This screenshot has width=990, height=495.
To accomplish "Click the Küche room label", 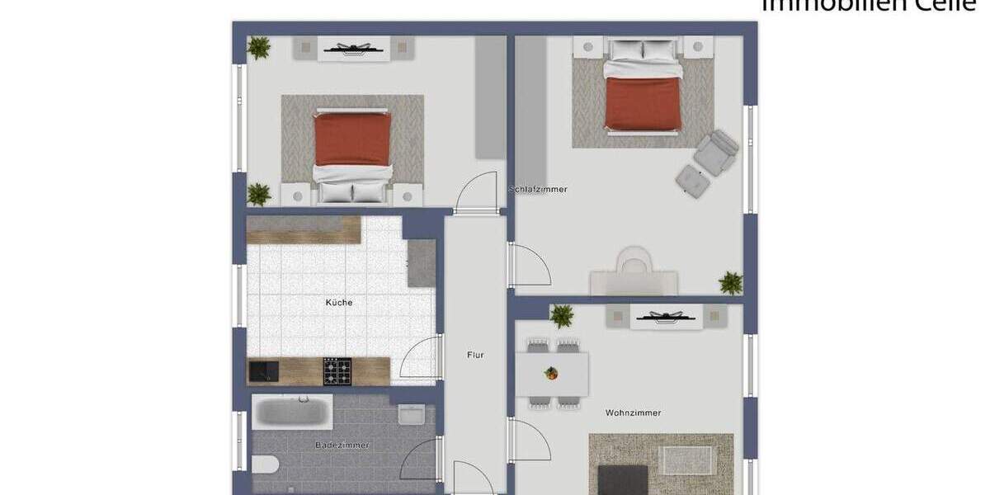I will tap(339, 303).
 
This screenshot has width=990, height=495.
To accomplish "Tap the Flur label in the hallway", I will tap(475, 355).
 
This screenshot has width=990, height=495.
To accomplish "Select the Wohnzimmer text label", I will tap(633, 412).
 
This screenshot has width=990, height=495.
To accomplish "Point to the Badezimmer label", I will tap(342, 445).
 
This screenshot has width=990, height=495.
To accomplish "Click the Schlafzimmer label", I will tap(539, 190).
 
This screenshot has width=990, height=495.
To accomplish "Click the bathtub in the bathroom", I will tap(292, 411).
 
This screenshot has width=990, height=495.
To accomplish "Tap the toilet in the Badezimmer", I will tap(265, 464).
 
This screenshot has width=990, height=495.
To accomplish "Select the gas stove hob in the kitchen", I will tap(337, 371).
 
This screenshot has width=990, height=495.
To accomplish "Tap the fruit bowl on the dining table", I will tap(551, 373).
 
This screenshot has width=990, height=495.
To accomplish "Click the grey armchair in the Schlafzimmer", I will tap(716, 152).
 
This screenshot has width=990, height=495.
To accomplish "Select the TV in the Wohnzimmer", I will tap(666, 316).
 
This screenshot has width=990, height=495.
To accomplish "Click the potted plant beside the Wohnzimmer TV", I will tap(562, 315).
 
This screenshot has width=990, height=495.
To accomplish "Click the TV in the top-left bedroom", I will tap(356, 49).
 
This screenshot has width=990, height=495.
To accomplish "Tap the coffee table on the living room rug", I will tap(687, 460).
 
